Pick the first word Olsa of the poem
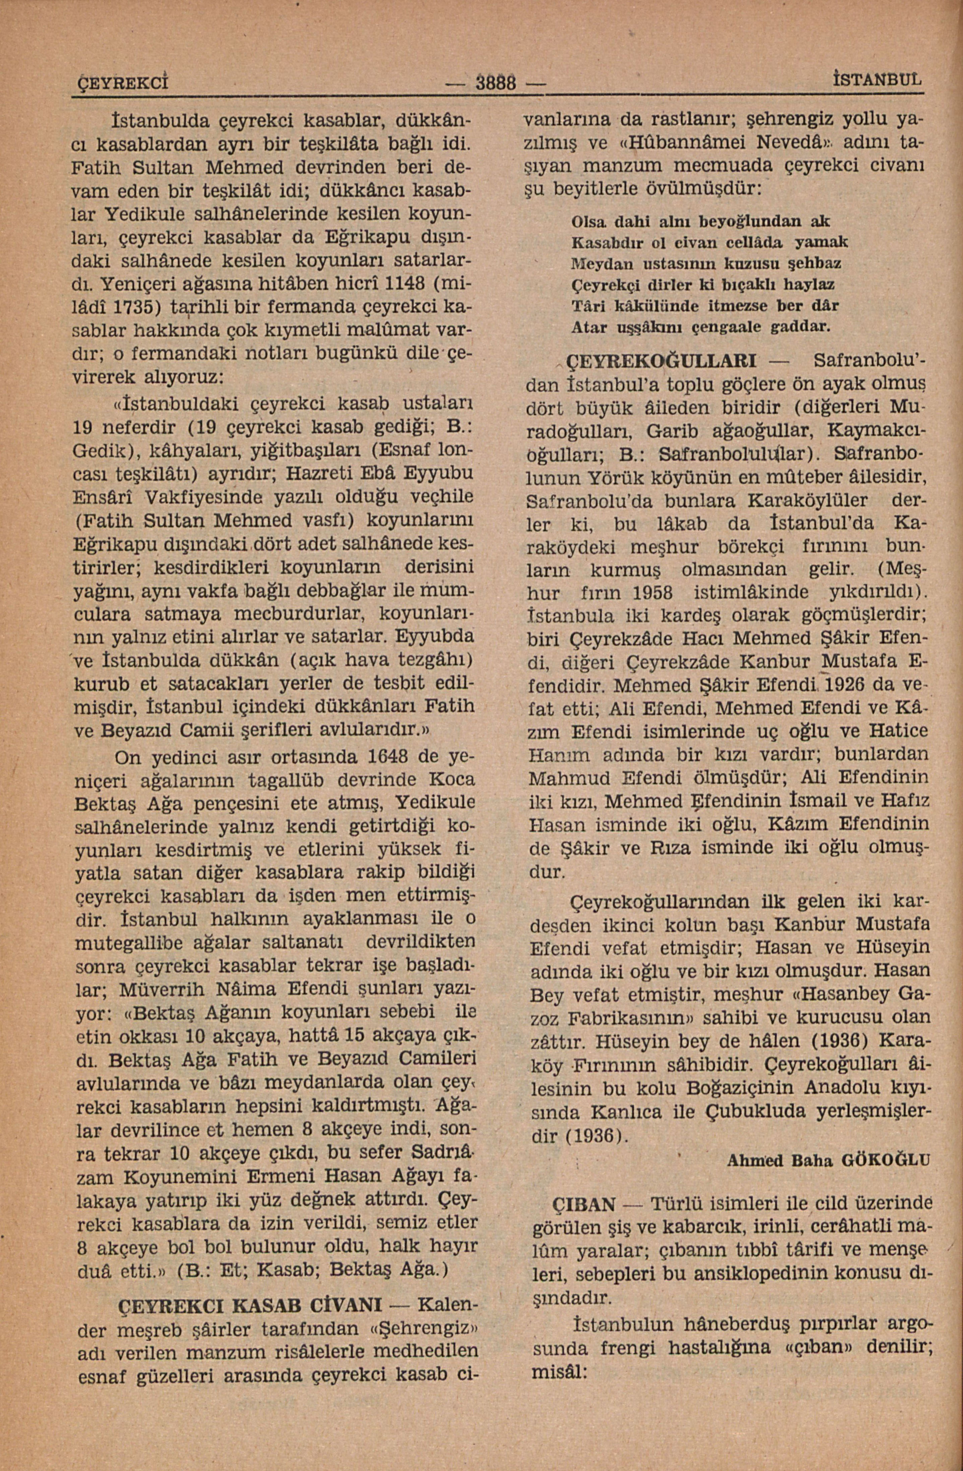(x=588, y=221)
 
